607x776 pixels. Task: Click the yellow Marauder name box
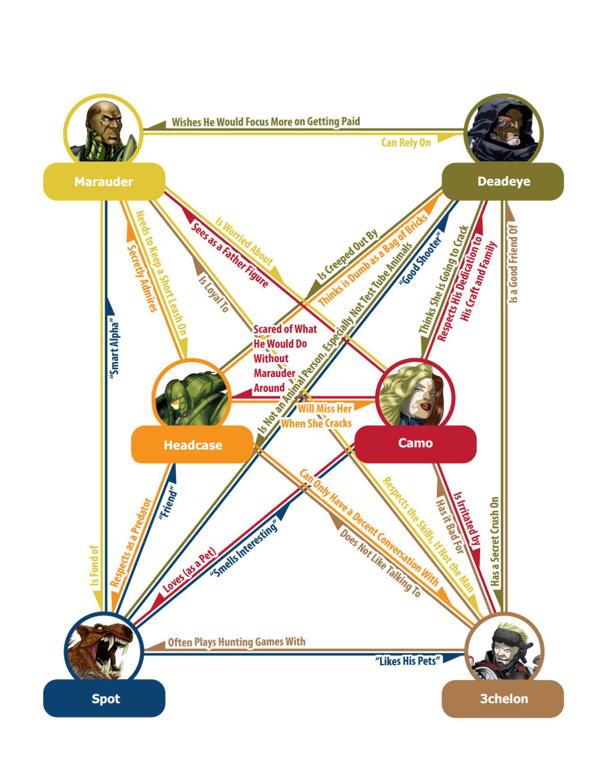click(x=104, y=182)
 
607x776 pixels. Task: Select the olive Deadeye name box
click(x=503, y=182)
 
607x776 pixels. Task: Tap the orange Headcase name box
click(x=193, y=445)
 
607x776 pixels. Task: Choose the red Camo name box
click(x=415, y=443)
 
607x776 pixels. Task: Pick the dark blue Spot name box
click(x=104, y=698)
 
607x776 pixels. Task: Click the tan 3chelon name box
click(x=503, y=698)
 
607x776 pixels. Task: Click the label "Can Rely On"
click(x=406, y=143)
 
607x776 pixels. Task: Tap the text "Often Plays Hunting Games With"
click(x=236, y=642)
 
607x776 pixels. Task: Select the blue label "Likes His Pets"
click(x=407, y=661)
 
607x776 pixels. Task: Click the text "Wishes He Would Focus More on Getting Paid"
click(x=265, y=122)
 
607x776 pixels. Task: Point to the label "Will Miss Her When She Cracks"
click(x=317, y=416)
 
